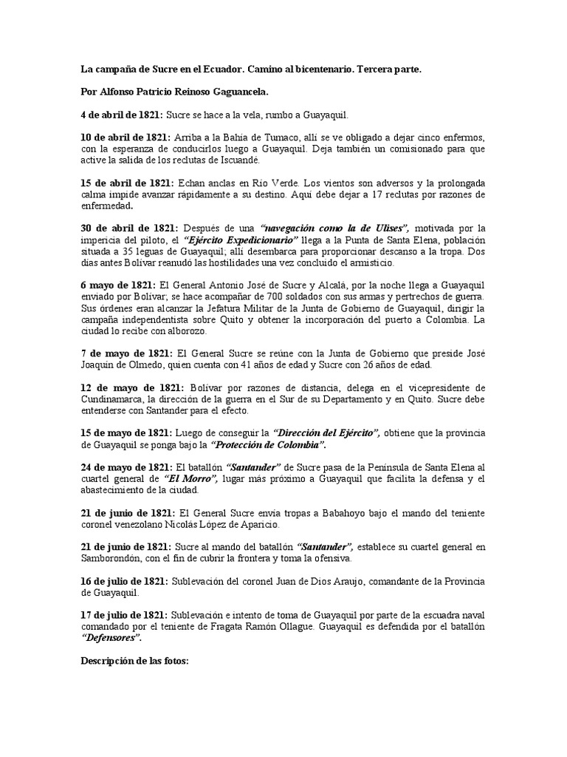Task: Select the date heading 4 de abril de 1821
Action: (121, 116)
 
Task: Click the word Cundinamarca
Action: (114, 398)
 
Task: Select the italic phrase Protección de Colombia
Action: (267, 444)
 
